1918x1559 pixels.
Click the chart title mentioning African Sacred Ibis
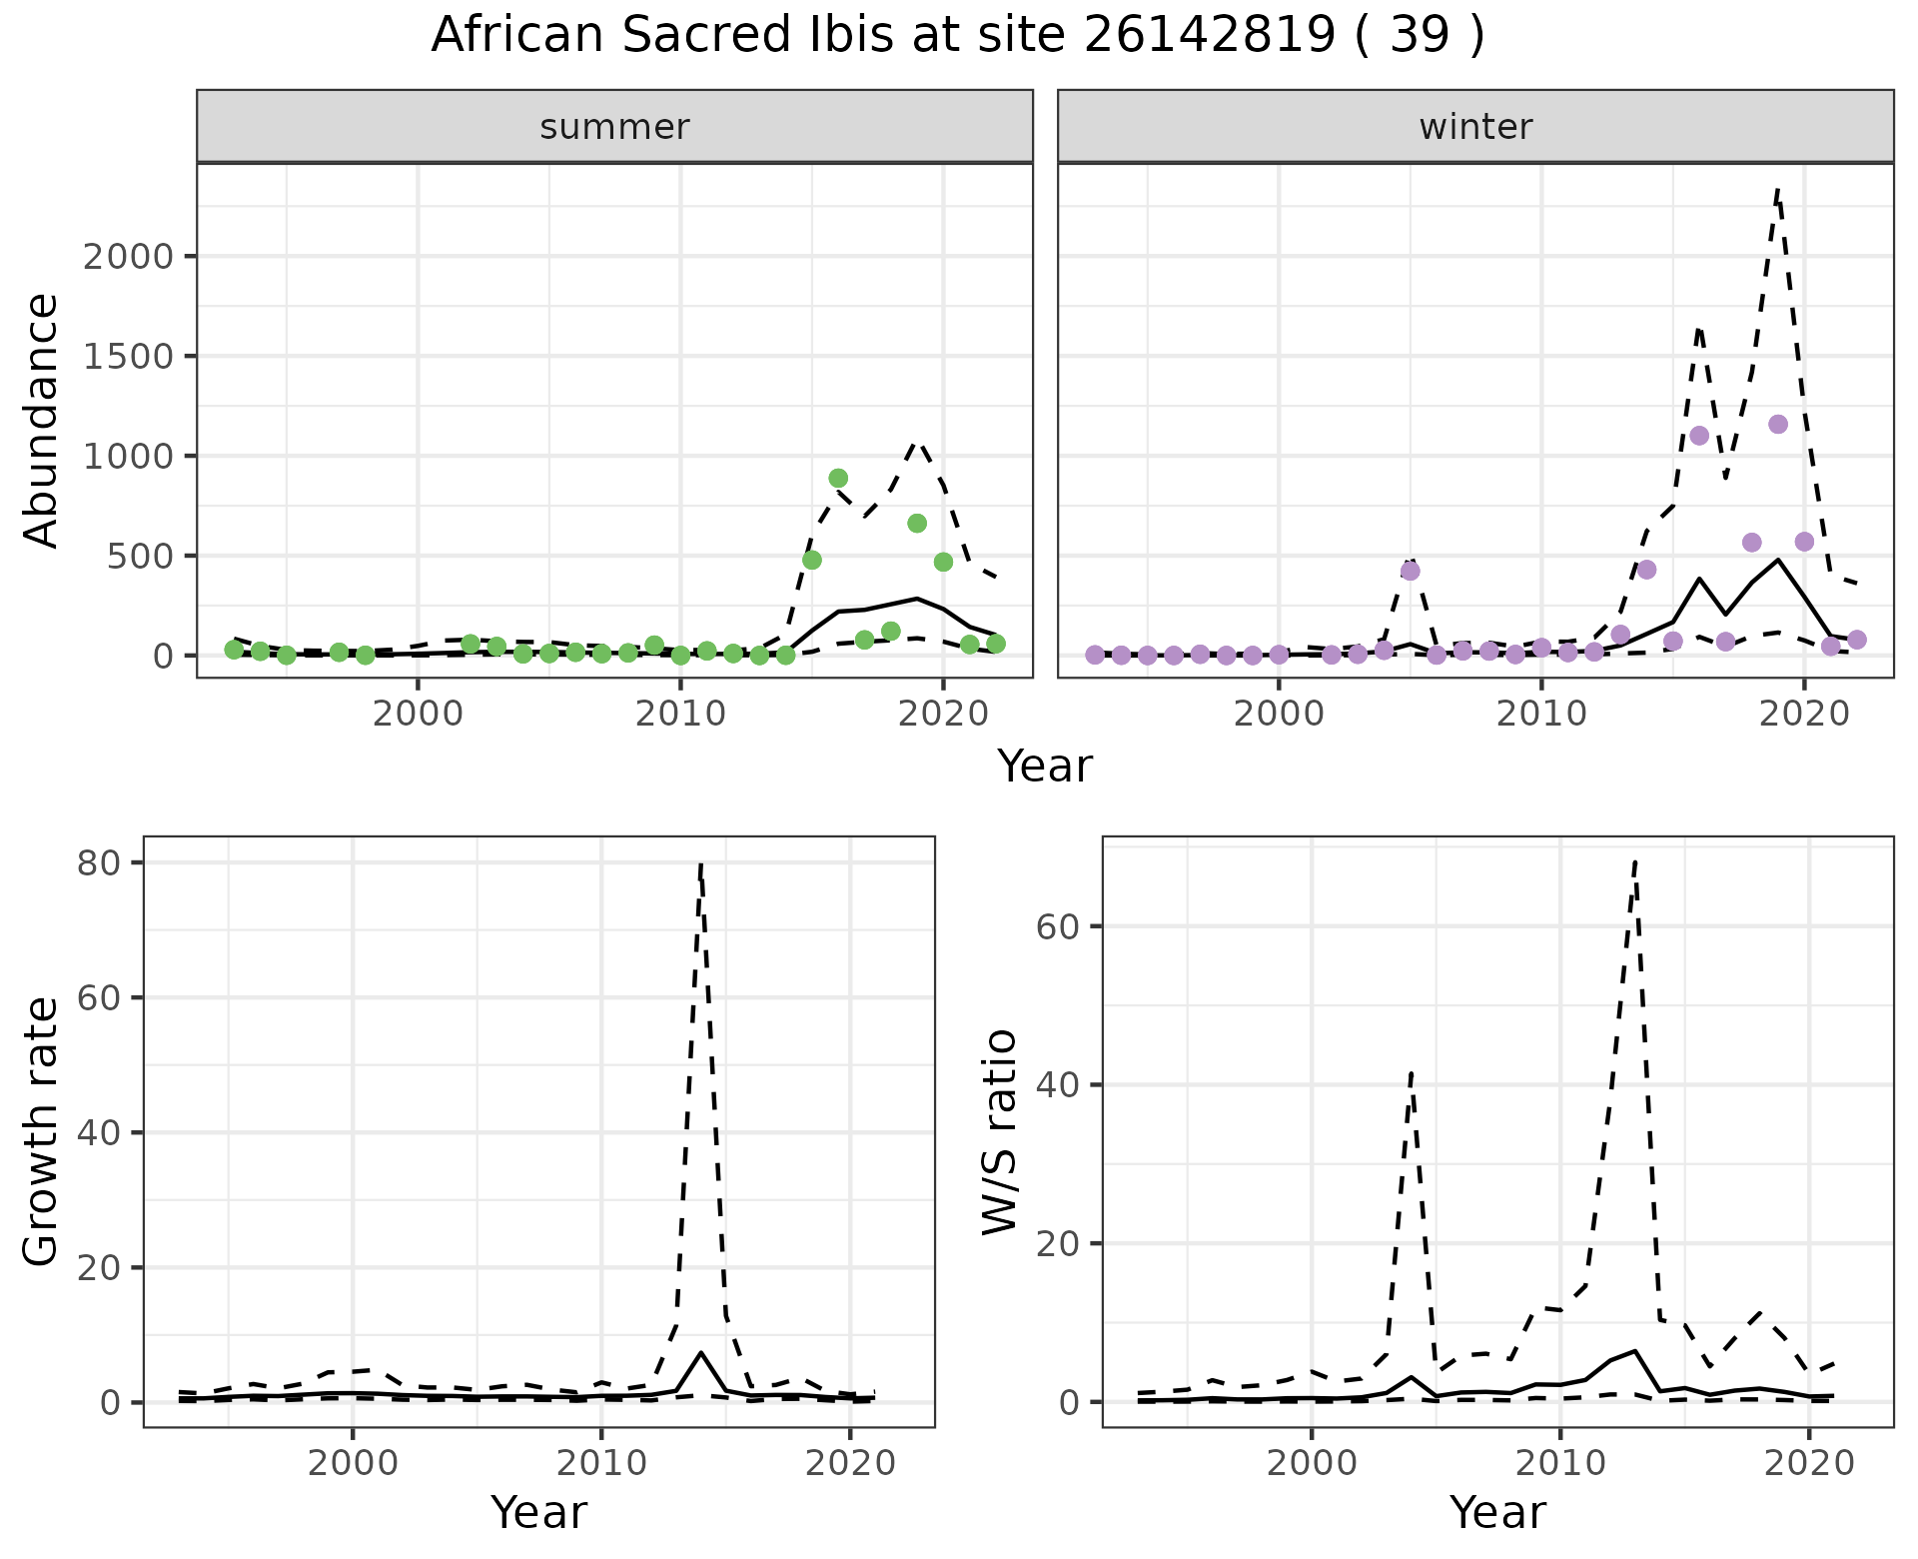click(x=957, y=37)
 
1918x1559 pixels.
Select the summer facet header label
click(x=614, y=127)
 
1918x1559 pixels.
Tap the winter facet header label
click(x=1475, y=127)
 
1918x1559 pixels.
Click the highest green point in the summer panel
click(x=838, y=479)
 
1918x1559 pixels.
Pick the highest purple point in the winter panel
click(x=1777, y=425)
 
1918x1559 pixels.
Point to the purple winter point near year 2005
click(x=1411, y=572)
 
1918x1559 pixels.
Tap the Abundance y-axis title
click(x=42, y=420)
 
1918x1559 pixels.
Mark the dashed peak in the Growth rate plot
click(x=701, y=863)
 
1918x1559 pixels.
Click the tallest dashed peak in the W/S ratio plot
click(x=1634, y=861)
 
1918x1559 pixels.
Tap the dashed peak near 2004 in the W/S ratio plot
click(x=1411, y=1072)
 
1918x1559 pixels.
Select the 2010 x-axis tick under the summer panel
click(x=680, y=716)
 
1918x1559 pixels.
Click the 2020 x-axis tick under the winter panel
click(x=1803, y=716)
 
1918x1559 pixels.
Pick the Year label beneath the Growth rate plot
click(x=538, y=1513)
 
